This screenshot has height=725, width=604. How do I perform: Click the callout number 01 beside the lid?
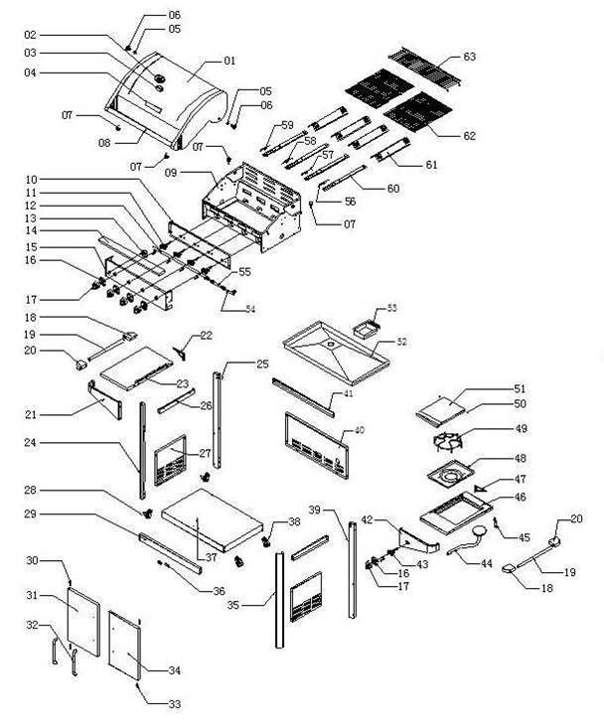point(230,62)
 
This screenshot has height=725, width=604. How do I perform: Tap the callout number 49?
point(492,429)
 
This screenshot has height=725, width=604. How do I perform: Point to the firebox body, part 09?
point(248,204)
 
